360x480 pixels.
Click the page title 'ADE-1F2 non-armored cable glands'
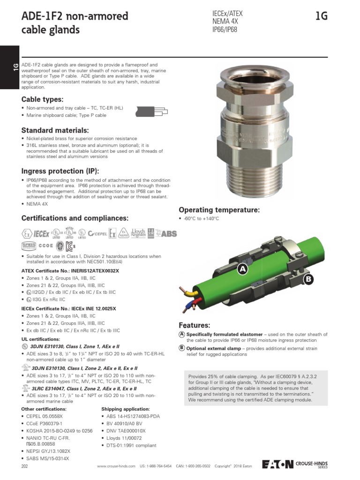coord(75,23)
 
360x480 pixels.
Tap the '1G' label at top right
coord(321,16)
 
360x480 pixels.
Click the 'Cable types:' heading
coord(42,99)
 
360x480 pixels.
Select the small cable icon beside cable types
coord(151,112)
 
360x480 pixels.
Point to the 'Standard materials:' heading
coord(55,130)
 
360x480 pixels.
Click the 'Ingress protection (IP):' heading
coord(60,170)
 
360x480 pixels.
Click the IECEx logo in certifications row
coord(42,233)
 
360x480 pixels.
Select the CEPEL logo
coord(98,233)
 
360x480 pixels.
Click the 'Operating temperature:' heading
coord(219,210)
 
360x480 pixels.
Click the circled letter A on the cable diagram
coord(242,269)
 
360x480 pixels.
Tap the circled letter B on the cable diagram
coord(308,279)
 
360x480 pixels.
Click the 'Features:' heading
coord(194,325)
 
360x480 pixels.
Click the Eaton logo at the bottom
coord(277,464)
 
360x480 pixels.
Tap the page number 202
coord(25,467)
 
